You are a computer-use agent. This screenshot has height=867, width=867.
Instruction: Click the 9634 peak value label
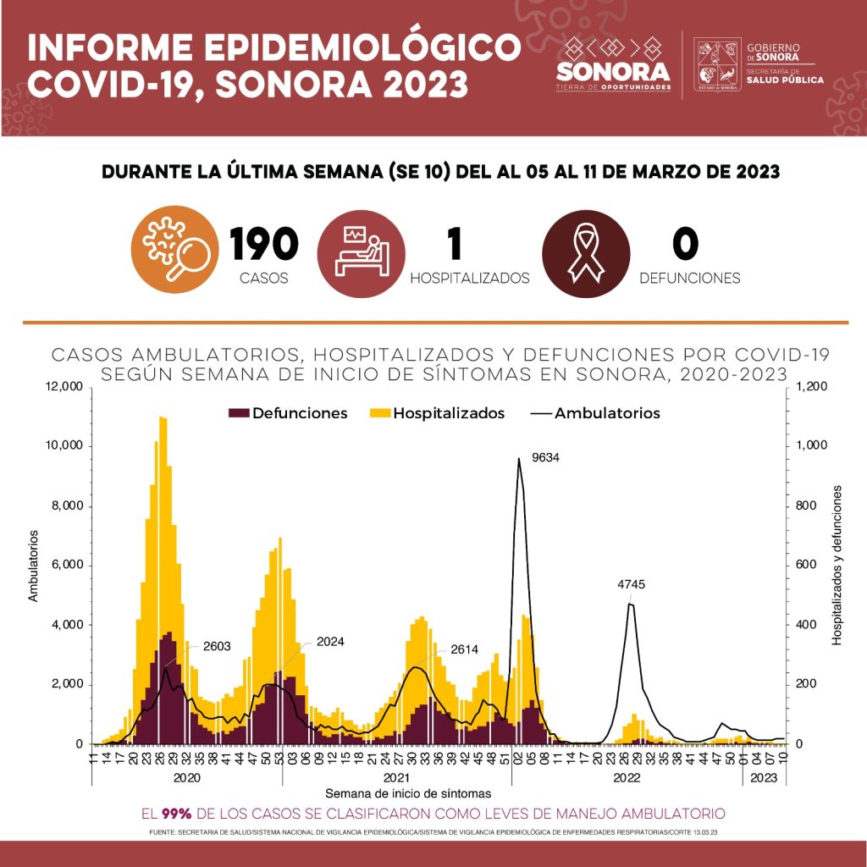(546, 458)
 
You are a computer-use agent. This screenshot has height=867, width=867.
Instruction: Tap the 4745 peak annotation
(630, 585)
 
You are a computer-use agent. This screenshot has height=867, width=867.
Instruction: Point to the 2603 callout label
(217, 646)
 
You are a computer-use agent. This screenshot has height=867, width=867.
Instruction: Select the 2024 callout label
(329, 642)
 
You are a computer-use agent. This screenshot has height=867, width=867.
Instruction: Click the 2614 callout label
(465, 649)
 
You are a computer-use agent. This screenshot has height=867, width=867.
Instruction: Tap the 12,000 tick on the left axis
(63, 387)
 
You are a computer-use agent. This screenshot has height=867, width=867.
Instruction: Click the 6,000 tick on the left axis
(66, 565)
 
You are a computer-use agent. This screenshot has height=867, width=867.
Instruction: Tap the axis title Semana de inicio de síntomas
(408, 793)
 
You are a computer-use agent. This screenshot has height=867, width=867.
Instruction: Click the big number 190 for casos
(264, 245)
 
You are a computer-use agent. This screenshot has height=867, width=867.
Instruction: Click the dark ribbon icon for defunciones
(585, 251)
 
